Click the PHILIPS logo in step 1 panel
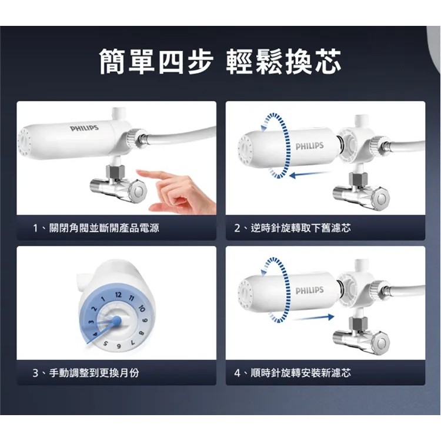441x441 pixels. click(84, 128)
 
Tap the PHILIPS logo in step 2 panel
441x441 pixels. click(309, 146)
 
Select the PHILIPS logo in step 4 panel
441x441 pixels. click(309, 290)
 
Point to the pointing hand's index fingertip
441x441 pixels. click(138, 172)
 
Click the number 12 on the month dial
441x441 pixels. click(118, 295)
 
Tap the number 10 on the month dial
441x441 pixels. click(141, 309)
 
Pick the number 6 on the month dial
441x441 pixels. click(119, 346)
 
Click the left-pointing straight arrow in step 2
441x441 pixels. click(309, 175)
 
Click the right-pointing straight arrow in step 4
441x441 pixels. click(313, 318)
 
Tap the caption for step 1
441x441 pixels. click(96, 228)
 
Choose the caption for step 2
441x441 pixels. click(293, 228)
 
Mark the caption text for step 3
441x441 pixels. click(86, 373)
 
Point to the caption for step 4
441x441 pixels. click(293, 373)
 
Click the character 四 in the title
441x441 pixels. click(172, 62)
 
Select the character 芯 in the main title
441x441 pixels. click(328, 62)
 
